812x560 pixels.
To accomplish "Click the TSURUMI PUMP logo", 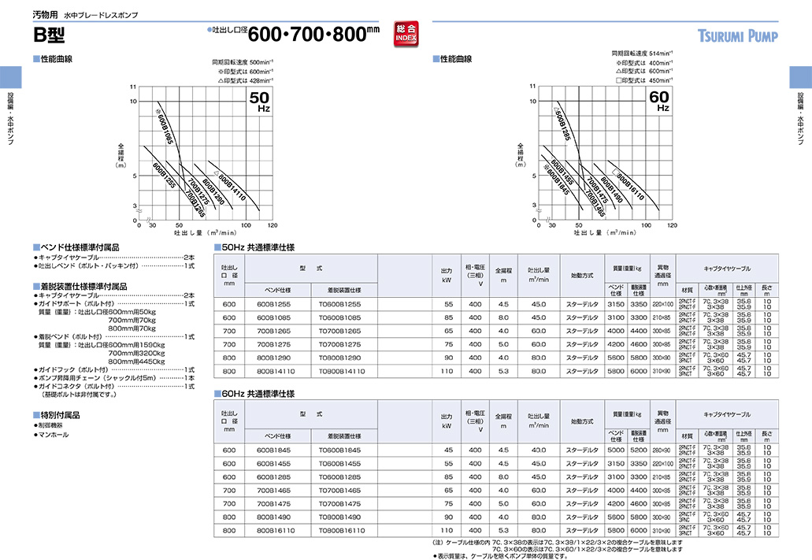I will (x=737, y=36).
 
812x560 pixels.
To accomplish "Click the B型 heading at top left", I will (x=50, y=35).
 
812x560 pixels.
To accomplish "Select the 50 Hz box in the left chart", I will (x=260, y=102).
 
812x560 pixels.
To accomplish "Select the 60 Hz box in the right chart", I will (x=658, y=102).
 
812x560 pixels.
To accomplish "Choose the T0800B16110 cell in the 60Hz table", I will (x=341, y=531).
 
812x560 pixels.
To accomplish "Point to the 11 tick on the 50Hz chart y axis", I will (x=134, y=86).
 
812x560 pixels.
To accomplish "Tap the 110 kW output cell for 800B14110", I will (x=447, y=370).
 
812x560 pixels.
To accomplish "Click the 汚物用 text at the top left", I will (x=44, y=15).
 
